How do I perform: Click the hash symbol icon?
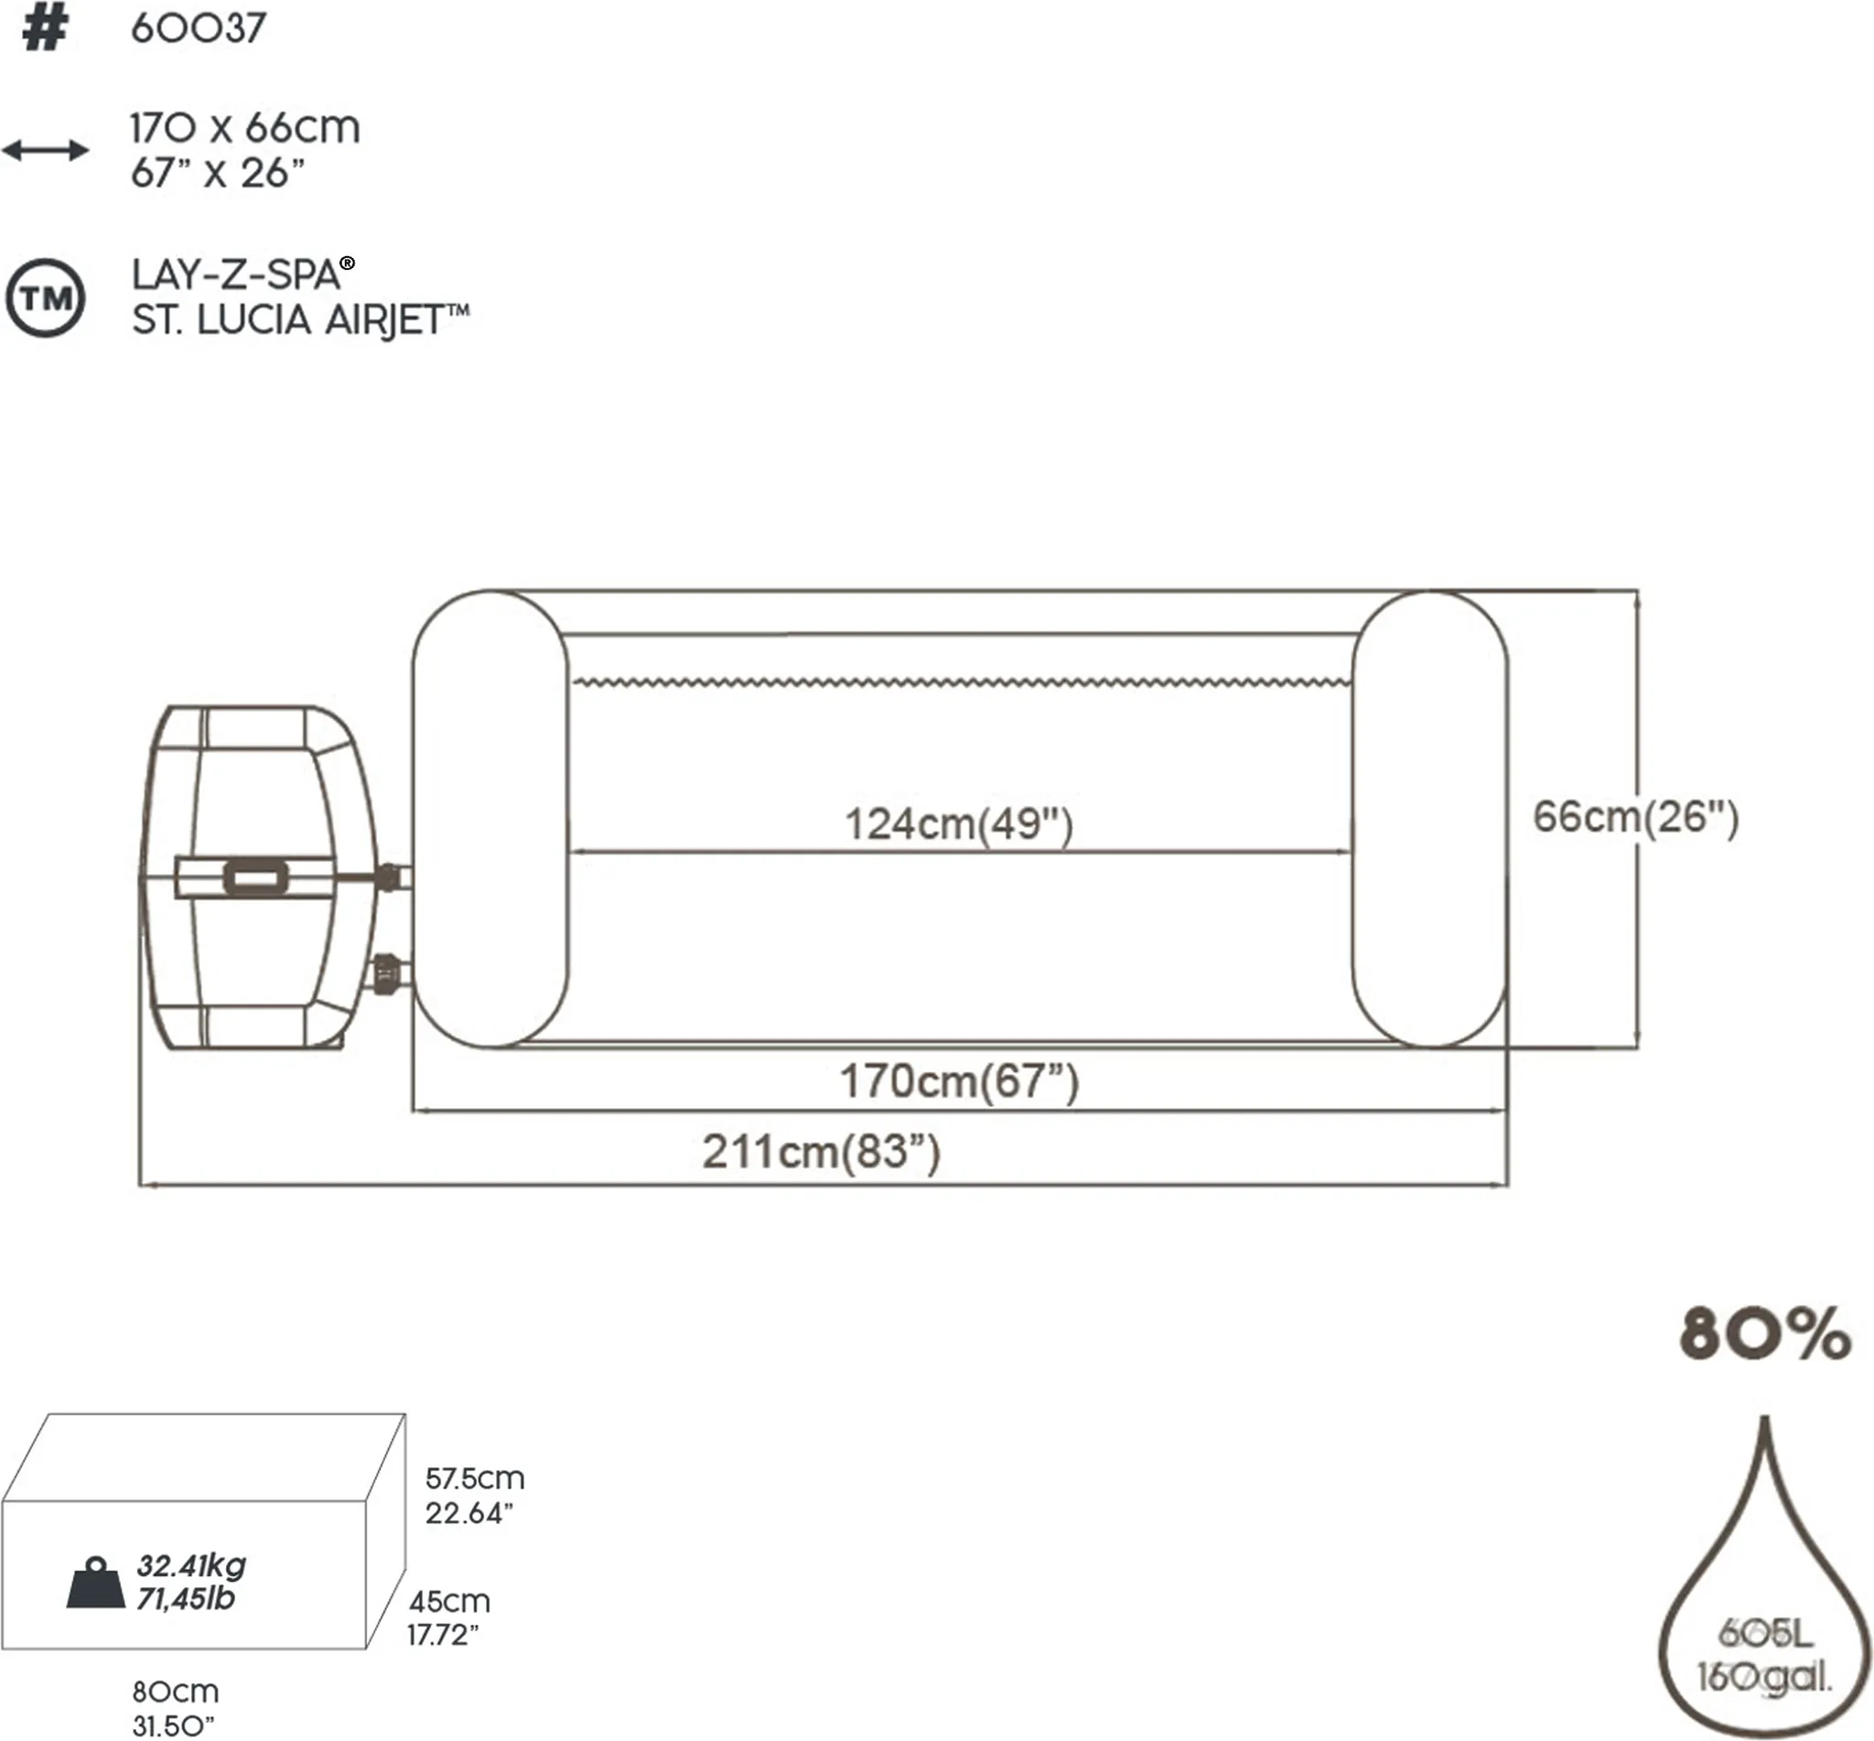pyautogui.click(x=44, y=29)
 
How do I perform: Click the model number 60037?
pyautogui.click(x=198, y=29)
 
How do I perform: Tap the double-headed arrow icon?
pyautogui.click(x=45, y=150)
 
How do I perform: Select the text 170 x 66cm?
pyautogui.click(x=245, y=128)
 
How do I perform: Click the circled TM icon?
pyautogui.click(x=45, y=298)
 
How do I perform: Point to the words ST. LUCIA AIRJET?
pyautogui.click(x=298, y=321)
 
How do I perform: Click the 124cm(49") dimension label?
pyautogui.click(x=958, y=824)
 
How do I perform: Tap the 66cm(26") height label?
pyautogui.click(x=1634, y=817)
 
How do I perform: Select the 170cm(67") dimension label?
pyautogui.click(x=958, y=1081)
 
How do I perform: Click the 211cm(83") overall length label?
pyautogui.click(x=821, y=1152)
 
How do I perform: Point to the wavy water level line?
pyautogui.click(x=961, y=682)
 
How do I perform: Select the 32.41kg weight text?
pyautogui.click(x=191, y=1565)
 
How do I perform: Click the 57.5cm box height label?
pyautogui.click(x=474, y=1478)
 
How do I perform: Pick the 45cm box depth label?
pyautogui.click(x=449, y=1602)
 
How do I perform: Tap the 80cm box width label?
pyautogui.click(x=176, y=1692)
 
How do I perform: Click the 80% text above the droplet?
pyautogui.click(x=1764, y=1334)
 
